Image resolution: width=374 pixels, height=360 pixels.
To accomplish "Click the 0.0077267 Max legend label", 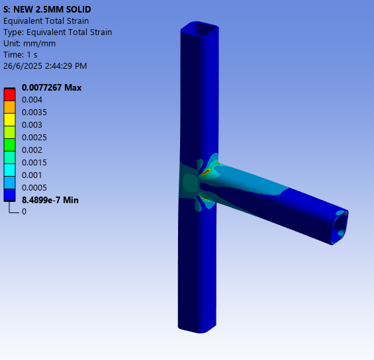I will [x=52, y=87].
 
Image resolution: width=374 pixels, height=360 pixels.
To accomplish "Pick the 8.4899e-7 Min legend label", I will [x=50, y=200].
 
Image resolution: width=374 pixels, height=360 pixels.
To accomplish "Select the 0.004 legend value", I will [x=32, y=100].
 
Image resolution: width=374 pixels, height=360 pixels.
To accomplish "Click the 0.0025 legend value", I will [x=34, y=137].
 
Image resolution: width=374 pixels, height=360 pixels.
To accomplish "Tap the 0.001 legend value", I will [x=32, y=175].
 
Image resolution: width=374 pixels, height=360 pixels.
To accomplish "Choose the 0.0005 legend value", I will [x=34, y=187].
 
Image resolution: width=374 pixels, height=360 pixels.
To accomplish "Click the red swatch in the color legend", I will [x=9, y=94].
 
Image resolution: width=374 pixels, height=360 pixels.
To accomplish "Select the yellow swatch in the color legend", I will [x=9, y=119].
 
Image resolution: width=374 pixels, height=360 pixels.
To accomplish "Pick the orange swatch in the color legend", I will [x=9, y=107].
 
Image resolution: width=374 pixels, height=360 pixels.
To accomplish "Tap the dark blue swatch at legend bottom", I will [x=9, y=194].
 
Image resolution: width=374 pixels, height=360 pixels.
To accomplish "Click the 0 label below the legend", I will [x=24, y=212].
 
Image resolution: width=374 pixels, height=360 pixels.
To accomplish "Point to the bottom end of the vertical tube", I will [x=197, y=326].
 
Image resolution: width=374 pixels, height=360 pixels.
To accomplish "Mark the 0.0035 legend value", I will [x=34, y=112].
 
